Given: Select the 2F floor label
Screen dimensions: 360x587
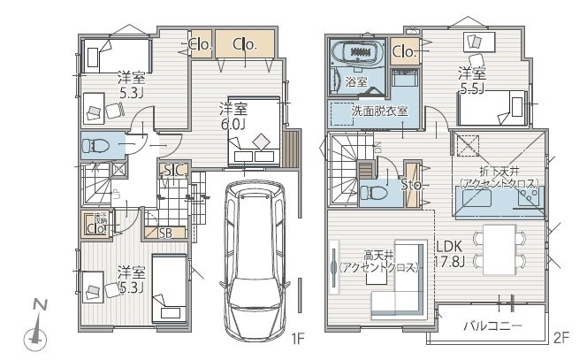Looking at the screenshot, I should [x=562, y=338].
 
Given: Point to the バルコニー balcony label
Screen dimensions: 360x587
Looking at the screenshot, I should [x=492, y=326].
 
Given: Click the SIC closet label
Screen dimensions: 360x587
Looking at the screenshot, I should [x=173, y=170].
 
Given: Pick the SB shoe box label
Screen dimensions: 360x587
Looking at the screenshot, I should [x=164, y=233].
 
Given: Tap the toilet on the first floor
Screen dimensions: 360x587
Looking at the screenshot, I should [x=97, y=145].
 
